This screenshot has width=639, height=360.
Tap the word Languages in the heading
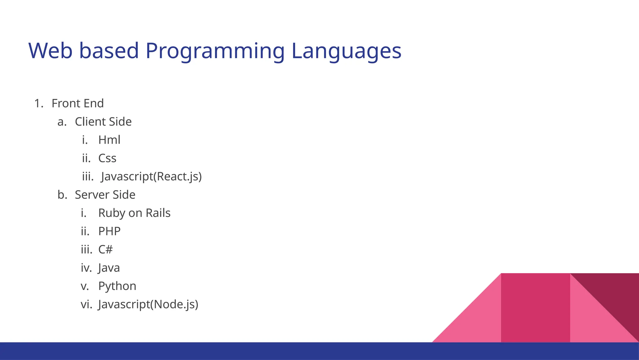point(346,51)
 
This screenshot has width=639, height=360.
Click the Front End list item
point(77,103)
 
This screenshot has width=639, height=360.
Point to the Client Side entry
point(103,122)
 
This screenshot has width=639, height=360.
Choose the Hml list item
point(109,140)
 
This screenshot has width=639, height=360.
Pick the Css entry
point(107,158)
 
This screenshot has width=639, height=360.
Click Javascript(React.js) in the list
point(151,176)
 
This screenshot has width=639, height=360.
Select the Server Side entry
point(105,195)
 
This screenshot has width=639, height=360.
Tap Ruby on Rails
point(134,213)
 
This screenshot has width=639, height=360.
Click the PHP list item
point(109,231)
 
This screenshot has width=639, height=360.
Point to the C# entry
point(105,249)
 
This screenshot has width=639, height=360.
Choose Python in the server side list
point(117,286)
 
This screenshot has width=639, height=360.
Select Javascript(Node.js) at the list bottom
point(148,304)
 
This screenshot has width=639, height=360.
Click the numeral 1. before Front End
point(38,103)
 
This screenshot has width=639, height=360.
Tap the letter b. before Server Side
point(62,195)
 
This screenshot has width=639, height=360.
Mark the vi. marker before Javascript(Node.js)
point(86,304)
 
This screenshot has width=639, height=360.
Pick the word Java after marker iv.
point(109,268)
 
